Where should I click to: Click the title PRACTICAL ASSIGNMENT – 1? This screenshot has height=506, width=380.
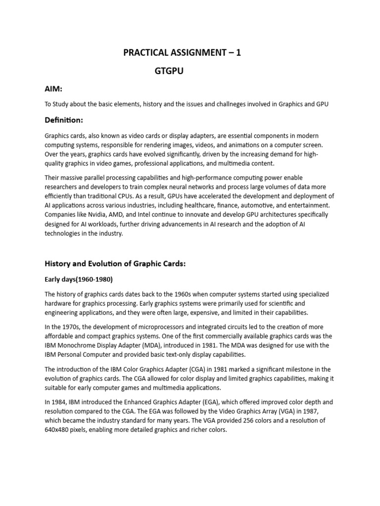182,53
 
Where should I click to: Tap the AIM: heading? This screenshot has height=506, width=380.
53,88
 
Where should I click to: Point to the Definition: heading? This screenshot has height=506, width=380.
64,120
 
